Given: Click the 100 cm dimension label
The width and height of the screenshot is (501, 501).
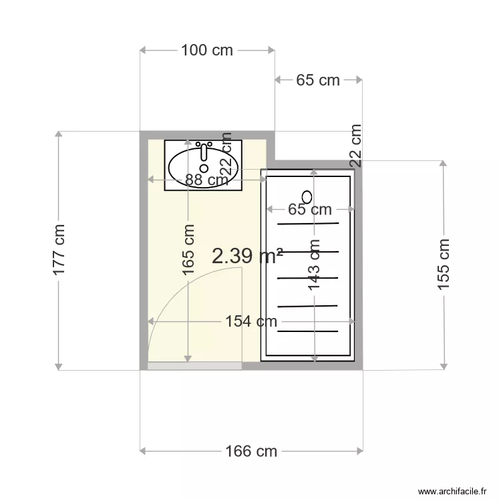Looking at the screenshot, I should click(x=206, y=50).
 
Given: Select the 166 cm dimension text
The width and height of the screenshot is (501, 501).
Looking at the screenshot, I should click(x=251, y=452).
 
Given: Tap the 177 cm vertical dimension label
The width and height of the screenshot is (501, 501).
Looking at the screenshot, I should click(x=59, y=249).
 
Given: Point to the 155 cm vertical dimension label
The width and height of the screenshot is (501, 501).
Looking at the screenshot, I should click(x=443, y=265).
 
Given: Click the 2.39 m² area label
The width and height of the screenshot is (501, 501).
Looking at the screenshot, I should click(x=247, y=256).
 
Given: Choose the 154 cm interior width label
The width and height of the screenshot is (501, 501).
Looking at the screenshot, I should click(x=251, y=321).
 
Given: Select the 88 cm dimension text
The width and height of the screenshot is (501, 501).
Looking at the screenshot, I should click(x=206, y=180).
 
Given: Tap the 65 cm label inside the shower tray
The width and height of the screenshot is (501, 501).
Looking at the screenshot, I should click(x=310, y=210).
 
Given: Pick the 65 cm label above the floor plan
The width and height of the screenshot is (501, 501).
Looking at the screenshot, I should click(x=318, y=80).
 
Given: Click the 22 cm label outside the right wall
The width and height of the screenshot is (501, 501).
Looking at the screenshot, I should click(x=355, y=145).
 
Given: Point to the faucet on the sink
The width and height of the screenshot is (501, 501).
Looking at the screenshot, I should click(x=204, y=149).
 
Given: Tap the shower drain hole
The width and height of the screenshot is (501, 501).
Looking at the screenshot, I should click(x=307, y=196).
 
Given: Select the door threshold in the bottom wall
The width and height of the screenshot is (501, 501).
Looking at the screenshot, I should click(x=194, y=365).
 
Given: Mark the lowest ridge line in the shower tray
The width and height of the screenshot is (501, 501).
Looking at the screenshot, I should click(x=308, y=330).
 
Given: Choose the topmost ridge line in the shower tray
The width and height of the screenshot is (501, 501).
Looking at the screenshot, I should click(x=308, y=224).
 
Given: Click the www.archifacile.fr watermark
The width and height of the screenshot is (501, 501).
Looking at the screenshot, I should click(x=452, y=491).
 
